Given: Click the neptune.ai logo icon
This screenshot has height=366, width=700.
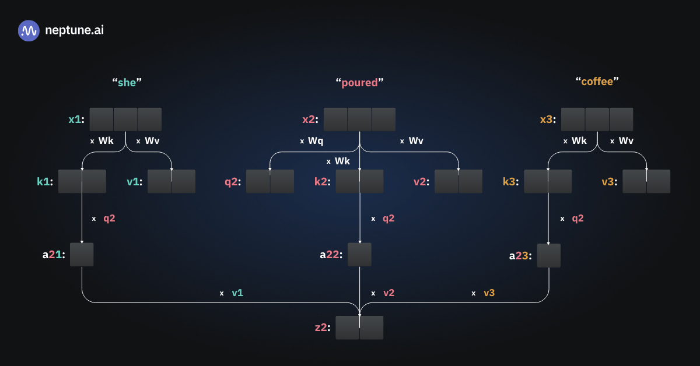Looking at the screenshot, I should [29, 30].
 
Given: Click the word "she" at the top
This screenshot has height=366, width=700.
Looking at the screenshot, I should [127, 82].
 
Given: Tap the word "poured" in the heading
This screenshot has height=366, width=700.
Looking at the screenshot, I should [359, 82].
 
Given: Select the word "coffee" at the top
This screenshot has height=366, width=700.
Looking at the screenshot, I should [597, 82].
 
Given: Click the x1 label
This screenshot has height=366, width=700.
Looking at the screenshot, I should [76, 119].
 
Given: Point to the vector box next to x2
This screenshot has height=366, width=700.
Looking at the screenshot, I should [359, 119].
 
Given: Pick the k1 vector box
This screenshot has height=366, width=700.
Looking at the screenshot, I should [82, 181].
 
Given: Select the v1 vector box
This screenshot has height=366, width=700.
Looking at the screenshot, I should [171, 181].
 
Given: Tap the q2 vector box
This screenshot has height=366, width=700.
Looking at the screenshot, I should [270, 181].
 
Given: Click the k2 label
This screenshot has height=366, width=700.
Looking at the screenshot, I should [322, 181].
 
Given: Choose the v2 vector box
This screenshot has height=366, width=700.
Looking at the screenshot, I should [459, 181].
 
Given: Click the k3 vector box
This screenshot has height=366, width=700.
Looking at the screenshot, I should [548, 181].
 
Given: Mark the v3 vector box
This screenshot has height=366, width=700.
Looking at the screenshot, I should [646, 181].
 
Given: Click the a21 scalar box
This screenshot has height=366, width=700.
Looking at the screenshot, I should [82, 255].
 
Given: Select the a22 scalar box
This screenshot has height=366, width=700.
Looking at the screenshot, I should [359, 255].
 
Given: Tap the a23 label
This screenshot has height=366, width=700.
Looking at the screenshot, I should [520, 255].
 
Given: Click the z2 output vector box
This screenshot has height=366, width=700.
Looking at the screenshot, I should [359, 328].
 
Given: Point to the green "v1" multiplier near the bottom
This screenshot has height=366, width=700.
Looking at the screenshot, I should [237, 293].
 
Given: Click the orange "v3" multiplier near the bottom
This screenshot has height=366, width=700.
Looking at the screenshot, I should [489, 293].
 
